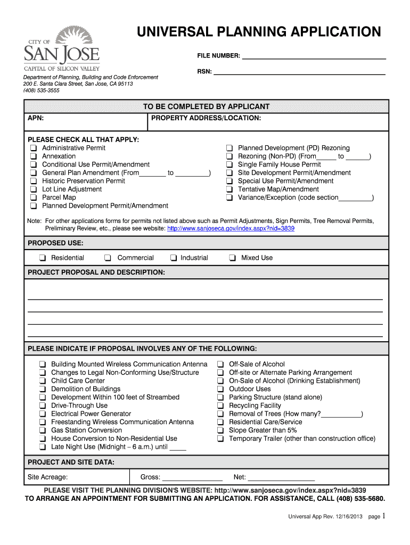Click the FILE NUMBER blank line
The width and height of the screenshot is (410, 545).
pyautogui.click(x=314, y=55)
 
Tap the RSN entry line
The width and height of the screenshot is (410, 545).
pyautogui.click(x=299, y=71)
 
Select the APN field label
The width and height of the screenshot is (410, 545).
pyautogui.click(x=36, y=118)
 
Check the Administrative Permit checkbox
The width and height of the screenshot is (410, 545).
pyautogui.click(x=34, y=148)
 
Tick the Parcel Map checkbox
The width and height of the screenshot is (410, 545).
pyautogui.click(x=34, y=197)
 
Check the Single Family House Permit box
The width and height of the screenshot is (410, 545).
pyautogui.click(x=229, y=164)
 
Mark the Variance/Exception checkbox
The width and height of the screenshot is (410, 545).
pyautogui.click(x=229, y=197)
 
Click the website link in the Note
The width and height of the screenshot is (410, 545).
pyautogui.click(x=231, y=228)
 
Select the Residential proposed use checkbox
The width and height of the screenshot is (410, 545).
pyautogui.click(x=42, y=258)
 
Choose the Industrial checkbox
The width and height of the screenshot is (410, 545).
pyautogui.click(x=174, y=258)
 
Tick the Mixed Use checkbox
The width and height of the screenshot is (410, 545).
pyautogui.click(x=233, y=258)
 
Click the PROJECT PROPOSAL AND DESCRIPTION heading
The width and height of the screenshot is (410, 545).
pyautogui.click(x=96, y=272)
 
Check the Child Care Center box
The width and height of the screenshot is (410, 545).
pyautogui.click(x=42, y=381)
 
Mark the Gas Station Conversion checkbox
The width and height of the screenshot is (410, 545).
pyautogui.click(x=42, y=430)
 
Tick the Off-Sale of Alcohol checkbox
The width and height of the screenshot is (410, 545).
pyautogui.click(x=220, y=365)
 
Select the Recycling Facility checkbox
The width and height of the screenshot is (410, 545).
pyautogui.click(x=220, y=406)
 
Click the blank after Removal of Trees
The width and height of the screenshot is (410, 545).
pyautogui.click(x=341, y=414)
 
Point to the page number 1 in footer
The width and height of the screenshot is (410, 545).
pyautogui.click(x=383, y=516)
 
